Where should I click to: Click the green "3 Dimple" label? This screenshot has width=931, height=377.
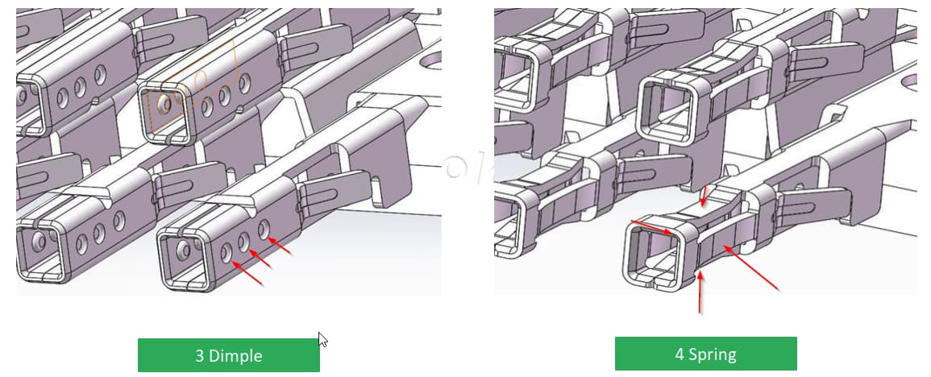229,355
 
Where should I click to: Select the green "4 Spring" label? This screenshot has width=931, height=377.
705,354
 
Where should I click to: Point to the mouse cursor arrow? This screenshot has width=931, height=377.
323,340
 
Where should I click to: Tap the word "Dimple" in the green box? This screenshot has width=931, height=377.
235,355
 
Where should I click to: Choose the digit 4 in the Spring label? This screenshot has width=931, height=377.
680,354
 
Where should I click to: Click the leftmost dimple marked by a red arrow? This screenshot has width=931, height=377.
226,252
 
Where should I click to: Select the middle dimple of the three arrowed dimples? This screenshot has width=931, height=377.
244,241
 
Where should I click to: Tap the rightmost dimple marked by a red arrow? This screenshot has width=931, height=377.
263,229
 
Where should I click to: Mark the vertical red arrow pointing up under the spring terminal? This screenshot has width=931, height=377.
700,292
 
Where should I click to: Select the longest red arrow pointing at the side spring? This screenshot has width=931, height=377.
750,267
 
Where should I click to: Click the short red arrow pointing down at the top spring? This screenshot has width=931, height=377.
704,197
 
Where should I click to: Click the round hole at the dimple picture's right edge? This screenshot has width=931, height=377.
432,60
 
